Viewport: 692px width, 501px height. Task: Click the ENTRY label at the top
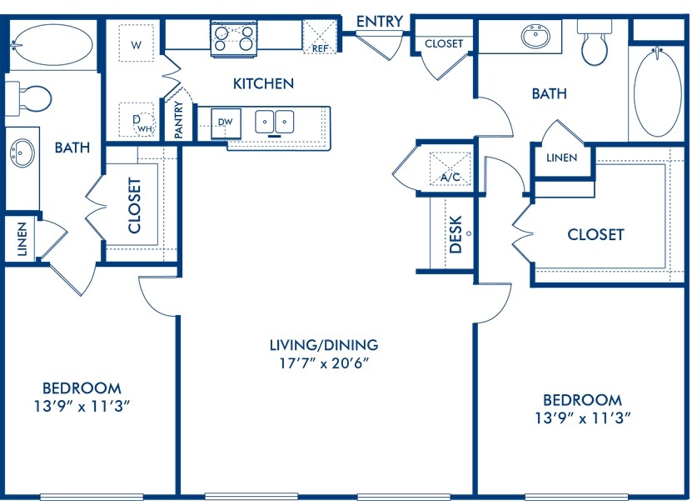(x=380, y=21)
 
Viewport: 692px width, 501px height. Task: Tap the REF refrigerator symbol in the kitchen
(x=321, y=38)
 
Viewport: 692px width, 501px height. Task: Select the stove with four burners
(x=234, y=38)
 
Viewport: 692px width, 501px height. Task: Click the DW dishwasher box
(x=226, y=122)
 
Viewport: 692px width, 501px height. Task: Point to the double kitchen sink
(x=275, y=122)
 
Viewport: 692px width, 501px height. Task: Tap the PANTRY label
(x=178, y=119)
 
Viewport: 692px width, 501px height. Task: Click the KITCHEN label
(x=263, y=83)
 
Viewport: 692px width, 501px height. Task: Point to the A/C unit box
(x=451, y=168)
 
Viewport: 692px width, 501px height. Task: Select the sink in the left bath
(x=22, y=154)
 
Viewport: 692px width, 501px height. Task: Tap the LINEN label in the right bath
(x=561, y=158)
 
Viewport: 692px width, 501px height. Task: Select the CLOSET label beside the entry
(x=444, y=43)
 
